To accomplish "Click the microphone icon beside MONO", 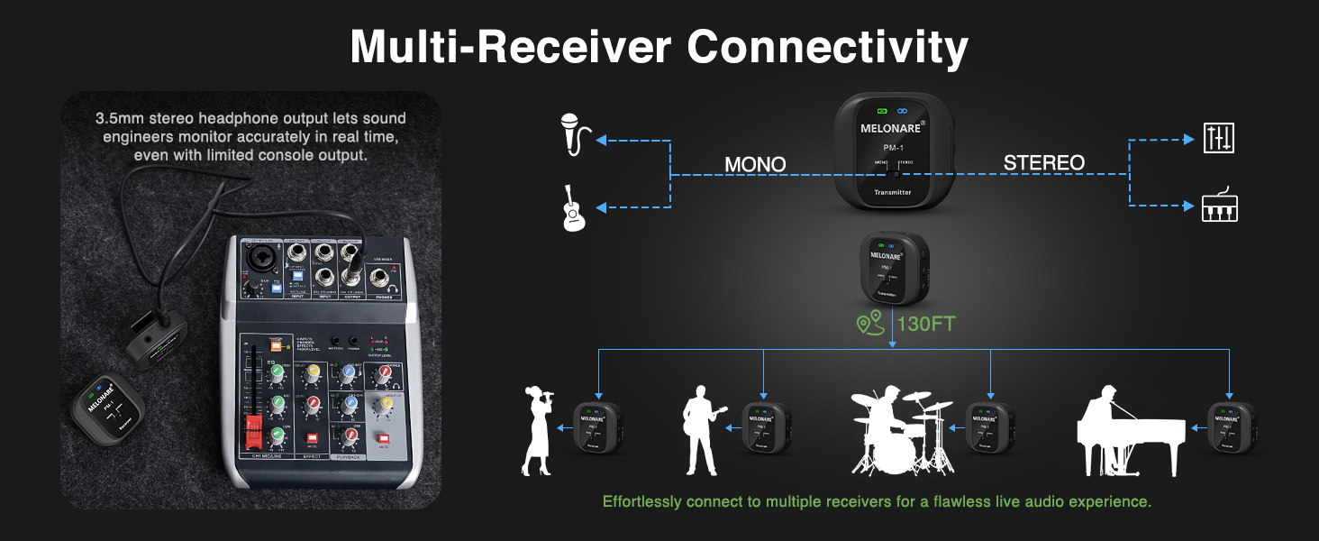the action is (574, 133).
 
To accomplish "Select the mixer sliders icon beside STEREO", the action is (1219, 138).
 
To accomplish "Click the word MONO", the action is (755, 164).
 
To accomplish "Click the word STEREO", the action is (1043, 163).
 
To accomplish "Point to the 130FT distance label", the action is (927, 324).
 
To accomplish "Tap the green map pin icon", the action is (869, 324).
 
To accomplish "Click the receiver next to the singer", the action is (600, 427).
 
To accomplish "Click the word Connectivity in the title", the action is (828, 46).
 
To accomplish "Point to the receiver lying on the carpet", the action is (104, 411).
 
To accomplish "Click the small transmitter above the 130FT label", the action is (890, 268).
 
